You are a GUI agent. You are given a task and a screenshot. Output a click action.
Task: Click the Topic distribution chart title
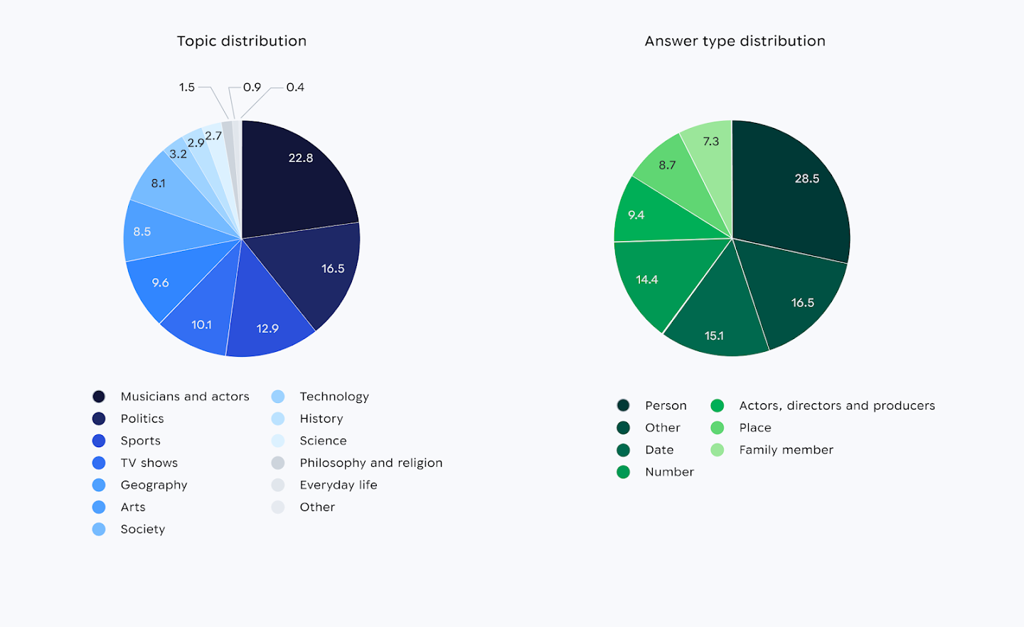pyautogui.click(x=242, y=41)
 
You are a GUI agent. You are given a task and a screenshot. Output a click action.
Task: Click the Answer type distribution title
pyautogui.click(x=735, y=41)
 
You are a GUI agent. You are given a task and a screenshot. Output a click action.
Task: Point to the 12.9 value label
pyautogui.click(x=267, y=328)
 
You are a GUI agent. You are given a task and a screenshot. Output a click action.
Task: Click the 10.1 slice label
pyautogui.click(x=201, y=325)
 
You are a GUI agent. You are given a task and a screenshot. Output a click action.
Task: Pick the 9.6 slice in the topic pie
pyautogui.click(x=161, y=283)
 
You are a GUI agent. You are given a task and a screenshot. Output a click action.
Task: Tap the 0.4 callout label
pyautogui.click(x=295, y=87)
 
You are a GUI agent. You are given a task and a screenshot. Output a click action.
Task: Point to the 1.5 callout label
pyautogui.click(x=186, y=87)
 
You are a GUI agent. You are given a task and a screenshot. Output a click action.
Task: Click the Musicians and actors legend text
pyautogui.click(x=185, y=397)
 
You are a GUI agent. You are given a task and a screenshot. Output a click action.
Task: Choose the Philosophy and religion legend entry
pyautogui.click(x=370, y=463)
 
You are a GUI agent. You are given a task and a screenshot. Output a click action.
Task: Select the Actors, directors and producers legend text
pyautogui.click(x=837, y=406)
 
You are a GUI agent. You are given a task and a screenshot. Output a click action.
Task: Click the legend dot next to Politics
pyautogui.click(x=99, y=419)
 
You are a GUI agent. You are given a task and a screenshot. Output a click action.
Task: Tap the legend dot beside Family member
pyautogui.click(x=717, y=450)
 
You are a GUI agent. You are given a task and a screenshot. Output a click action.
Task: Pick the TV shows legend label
pyautogui.click(x=149, y=463)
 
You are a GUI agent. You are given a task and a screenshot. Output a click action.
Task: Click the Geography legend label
pyautogui.click(x=154, y=485)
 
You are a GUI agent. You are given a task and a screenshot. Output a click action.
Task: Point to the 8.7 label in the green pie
pyautogui.click(x=667, y=166)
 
